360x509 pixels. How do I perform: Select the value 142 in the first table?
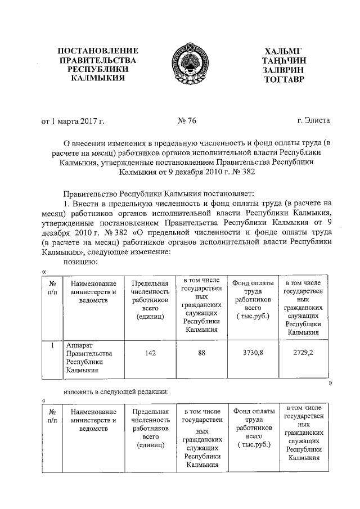(x=150, y=353)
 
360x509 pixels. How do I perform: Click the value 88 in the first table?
(x=201, y=353)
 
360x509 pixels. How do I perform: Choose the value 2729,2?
(x=304, y=353)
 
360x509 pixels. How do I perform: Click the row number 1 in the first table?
(x=52, y=344)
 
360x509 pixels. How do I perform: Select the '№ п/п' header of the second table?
(x=52, y=417)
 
